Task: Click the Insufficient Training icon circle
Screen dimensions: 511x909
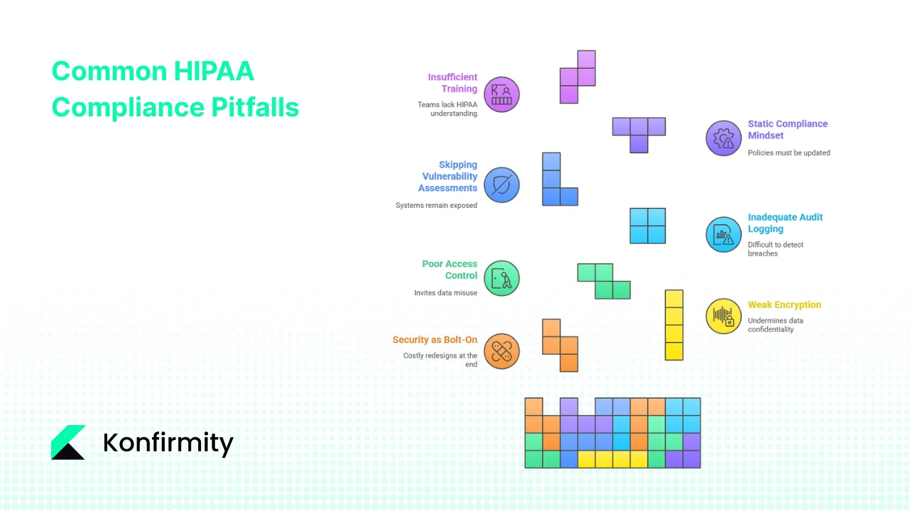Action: pyautogui.click(x=502, y=94)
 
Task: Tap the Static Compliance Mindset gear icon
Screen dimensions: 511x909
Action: pyautogui.click(x=723, y=138)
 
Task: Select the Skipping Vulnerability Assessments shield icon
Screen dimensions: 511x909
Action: pyautogui.click(x=502, y=185)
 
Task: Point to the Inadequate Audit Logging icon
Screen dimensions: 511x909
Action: pyautogui.click(x=723, y=234)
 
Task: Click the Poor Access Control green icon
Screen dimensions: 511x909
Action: pyautogui.click(x=502, y=278)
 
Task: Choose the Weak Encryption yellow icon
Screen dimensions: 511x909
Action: pyautogui.click(x=723, y=316)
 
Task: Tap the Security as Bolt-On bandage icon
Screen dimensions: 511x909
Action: pyautogui.click(x=502, y=351)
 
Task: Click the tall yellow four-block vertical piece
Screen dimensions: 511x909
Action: pyautogui.click(x=674, y=325)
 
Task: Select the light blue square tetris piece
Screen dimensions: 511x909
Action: pyautogui.click(x=648, y=226)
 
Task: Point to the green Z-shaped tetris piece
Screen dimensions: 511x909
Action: pyautogui.click(x=604, y=281)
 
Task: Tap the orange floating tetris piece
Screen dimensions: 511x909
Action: pyautogui.click(x=560, y=345)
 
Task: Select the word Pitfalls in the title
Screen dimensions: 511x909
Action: pyautogui.click(x=255, y=107)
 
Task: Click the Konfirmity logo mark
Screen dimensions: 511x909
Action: pyautogui.click(x=68, y=442)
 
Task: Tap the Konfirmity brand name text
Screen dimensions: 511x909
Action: pyautogui.click(x=168, y=444)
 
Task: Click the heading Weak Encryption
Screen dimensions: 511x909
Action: pyautogui.click(x=784, y=305)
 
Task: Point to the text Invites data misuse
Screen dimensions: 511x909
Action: pyautogui.click(x=446, y=292)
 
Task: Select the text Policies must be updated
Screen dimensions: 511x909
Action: pyautogui.click(x=788, y=153)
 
